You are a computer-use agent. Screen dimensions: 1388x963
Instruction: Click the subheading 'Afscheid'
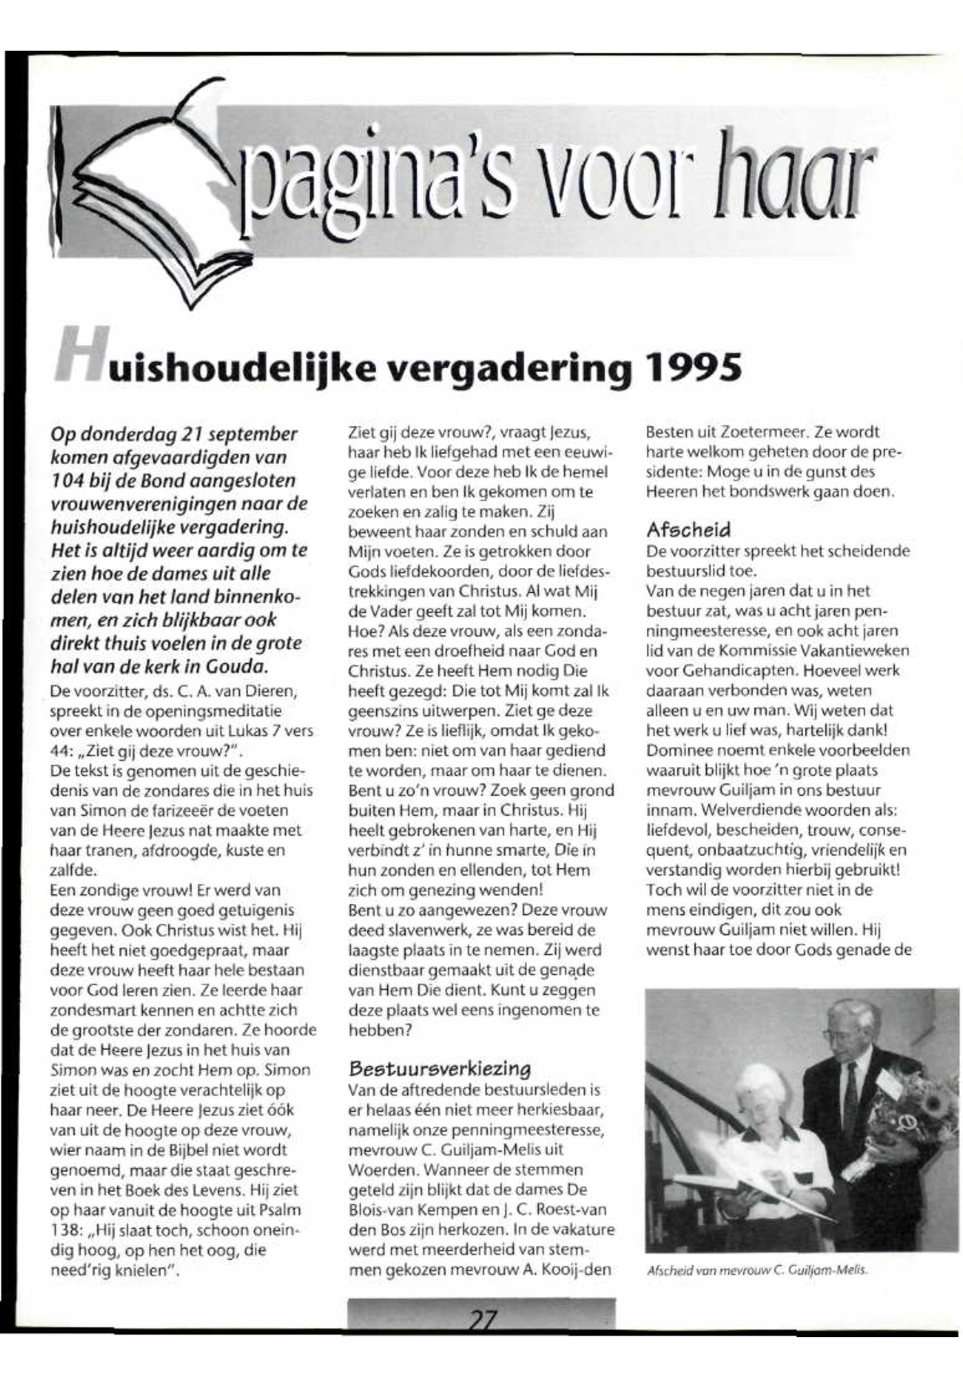point(688,530)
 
